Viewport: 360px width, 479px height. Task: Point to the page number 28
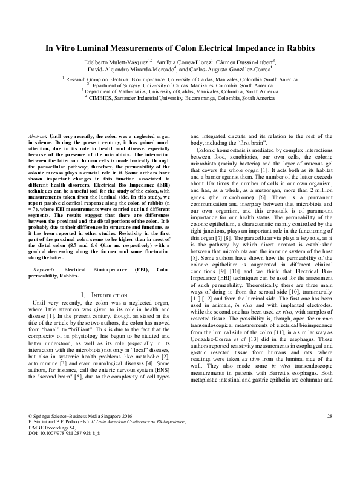330,449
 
